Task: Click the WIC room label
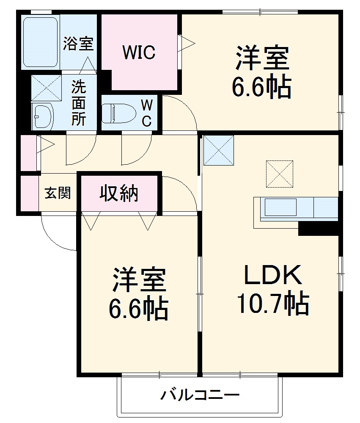[x=139, y=53]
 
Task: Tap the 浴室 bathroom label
[x=78, y=44]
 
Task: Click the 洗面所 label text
[x=78, y=103]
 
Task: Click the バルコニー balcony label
[x=200, y=396]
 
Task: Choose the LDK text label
[x=272, y=275]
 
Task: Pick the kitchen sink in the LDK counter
[x=280, y=207]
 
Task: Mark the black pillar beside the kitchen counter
[x=319, y=229]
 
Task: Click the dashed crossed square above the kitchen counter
[x=280, y=174]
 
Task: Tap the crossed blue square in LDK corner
[x=218, y=150]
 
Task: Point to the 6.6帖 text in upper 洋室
[x=261, y=87]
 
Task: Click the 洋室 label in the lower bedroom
[x=139, y=280]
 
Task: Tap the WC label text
[x=146, y=113]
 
